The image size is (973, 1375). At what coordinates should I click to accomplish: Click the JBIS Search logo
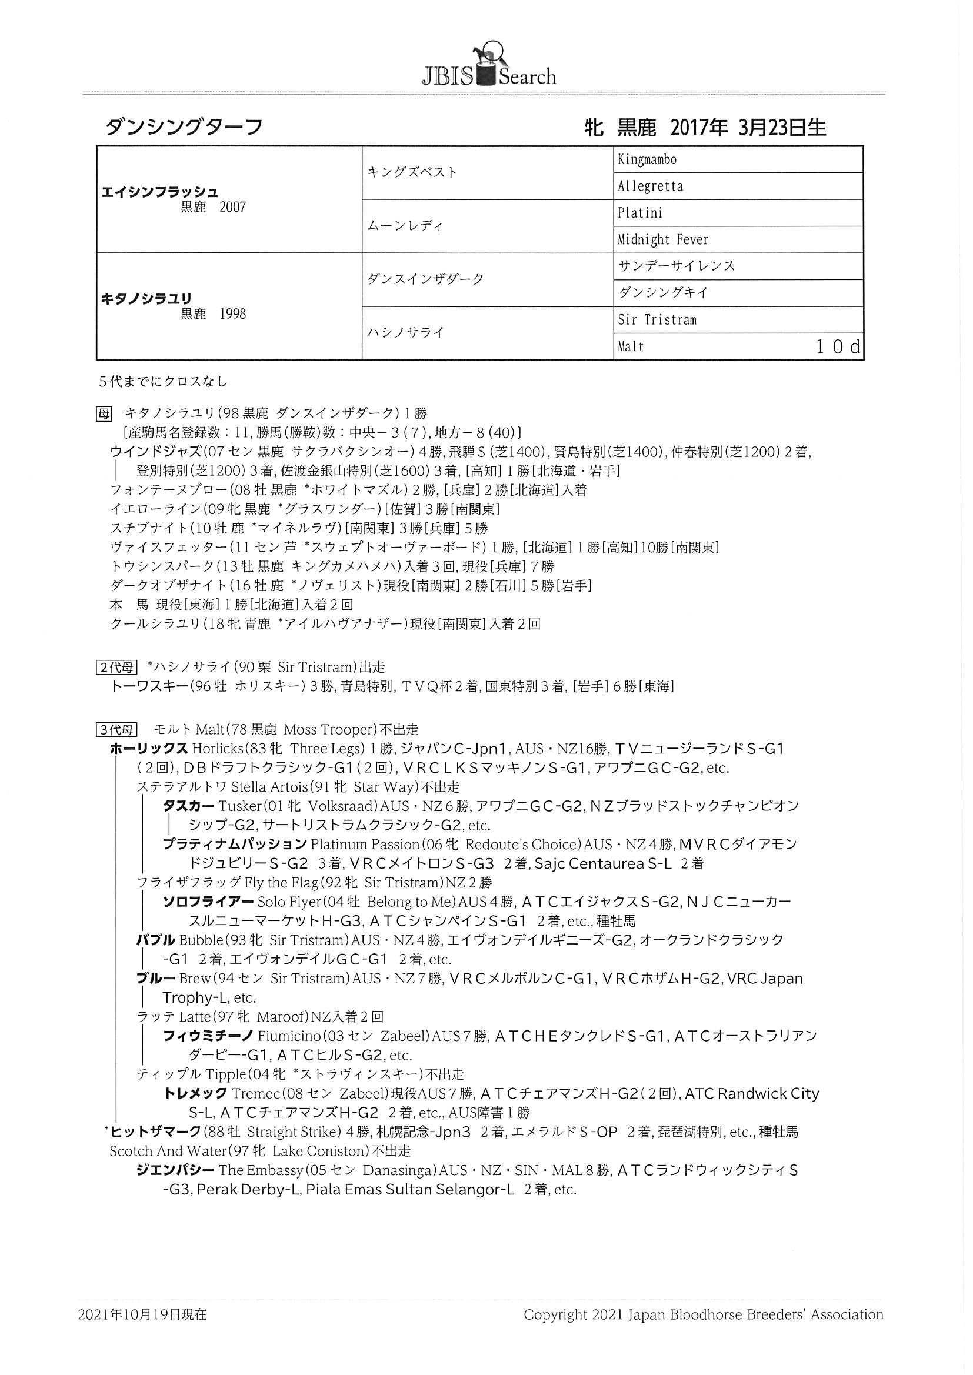pyautogui.click(x=489, y=66)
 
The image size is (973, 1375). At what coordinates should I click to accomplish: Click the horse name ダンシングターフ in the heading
pyautogui.click(x=184, y=127)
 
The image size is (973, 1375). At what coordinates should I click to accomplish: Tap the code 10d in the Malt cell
pyautogui.click(x=838, y=347)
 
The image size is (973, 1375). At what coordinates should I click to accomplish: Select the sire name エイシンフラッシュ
pyautogui.click(x=160, y=192)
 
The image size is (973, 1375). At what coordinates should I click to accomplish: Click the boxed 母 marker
pyautogui.click(x=104, y=413)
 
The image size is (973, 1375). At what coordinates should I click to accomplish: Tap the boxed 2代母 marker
pyautogui.click(x=116, y=667)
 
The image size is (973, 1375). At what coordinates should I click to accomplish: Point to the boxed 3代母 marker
pyautogui.click(x=116, y=729)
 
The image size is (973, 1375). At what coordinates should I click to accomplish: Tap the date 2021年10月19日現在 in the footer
pyautogui.click(x=142, y=1314)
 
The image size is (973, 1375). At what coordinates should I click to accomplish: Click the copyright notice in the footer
pyautogui.click(x=704, y=1314)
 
